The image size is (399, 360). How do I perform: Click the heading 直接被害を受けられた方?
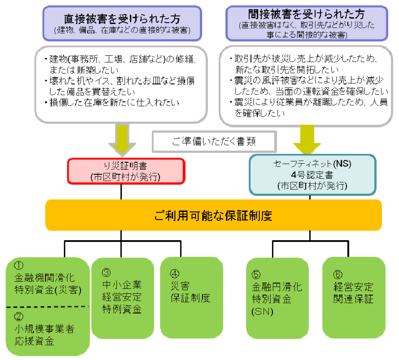point(122,19)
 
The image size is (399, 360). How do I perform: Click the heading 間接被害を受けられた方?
point(306,14)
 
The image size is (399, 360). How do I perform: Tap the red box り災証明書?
point(126,171)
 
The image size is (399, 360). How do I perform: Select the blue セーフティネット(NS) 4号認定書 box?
point(312,175)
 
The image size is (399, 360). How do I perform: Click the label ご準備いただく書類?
point(214,141)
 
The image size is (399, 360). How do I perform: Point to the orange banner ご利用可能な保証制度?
point(213,216)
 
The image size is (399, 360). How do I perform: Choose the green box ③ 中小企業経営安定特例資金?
point(122,298)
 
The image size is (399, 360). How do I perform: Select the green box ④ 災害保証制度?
point(191,298)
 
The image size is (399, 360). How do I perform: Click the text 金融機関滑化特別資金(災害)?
point(48,284)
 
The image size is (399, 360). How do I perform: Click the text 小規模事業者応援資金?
point(44,335)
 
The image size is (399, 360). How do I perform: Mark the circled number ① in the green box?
point(19,265)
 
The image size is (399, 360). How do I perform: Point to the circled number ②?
point(19,316)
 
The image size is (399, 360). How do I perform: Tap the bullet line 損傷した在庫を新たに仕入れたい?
point(114,103)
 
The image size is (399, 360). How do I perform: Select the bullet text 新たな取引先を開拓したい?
point(286,70)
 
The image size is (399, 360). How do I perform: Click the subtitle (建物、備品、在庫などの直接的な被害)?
point(122,30)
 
